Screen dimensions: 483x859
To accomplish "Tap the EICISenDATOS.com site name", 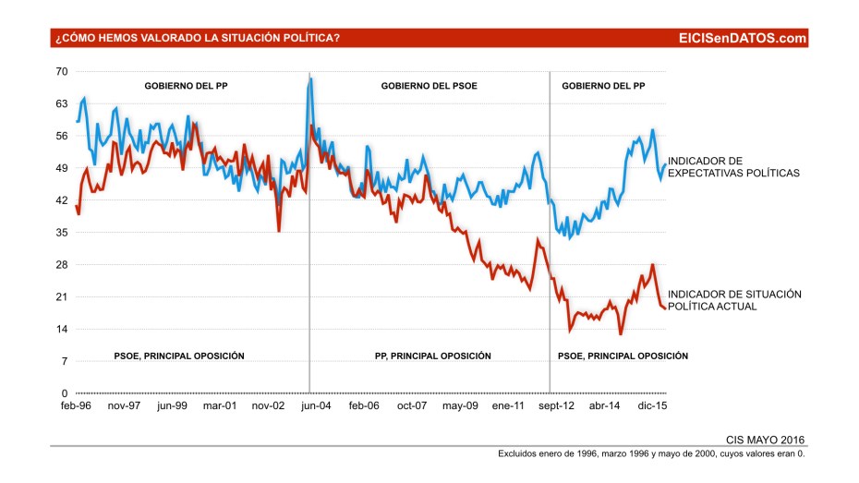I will [x=742, y=38].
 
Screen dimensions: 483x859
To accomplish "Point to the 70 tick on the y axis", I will [x=62, y=71].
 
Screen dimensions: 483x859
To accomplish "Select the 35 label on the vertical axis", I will [x=62, y=233].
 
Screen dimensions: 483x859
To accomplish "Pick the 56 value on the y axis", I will [x=62, y=136].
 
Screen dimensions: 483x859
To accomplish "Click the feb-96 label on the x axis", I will [x=77, y=405].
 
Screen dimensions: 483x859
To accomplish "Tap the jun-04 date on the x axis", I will [x=314, y=405].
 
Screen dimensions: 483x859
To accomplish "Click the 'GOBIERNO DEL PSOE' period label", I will [x=429, y=86].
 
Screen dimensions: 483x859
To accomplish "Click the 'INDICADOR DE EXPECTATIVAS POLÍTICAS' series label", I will [x=733, y=167].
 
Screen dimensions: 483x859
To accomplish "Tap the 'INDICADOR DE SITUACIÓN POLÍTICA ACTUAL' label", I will [x=733, y=299].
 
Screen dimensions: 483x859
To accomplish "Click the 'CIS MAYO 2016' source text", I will [x=768, y=440].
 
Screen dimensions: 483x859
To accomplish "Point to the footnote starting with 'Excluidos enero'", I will [x=652, y=454].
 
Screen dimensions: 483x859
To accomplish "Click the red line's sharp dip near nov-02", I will [x=279, y=230].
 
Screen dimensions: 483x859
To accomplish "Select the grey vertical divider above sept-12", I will [x=550, y=231].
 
